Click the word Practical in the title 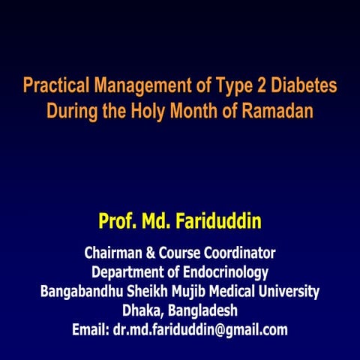click(x=52, y=86)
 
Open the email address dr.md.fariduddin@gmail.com click(x=200, y=329)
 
